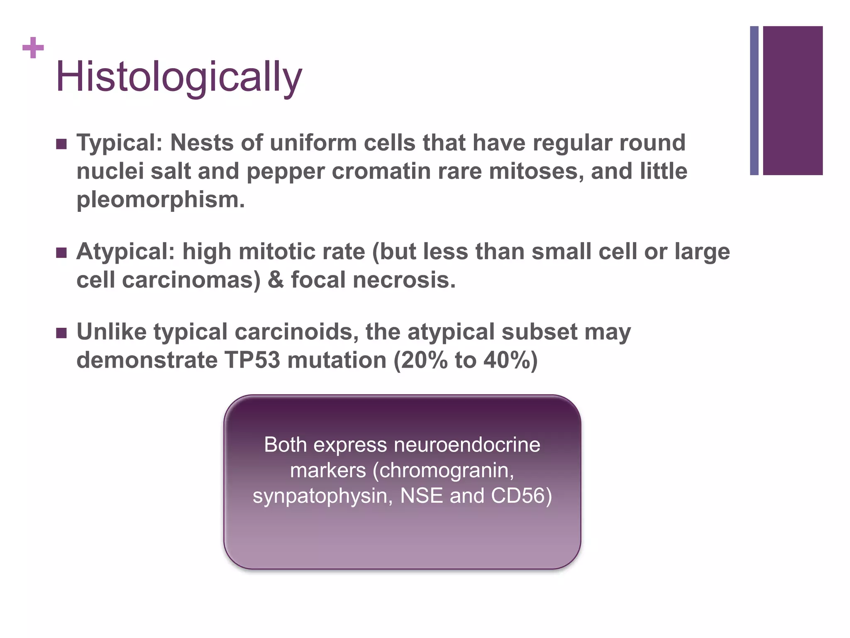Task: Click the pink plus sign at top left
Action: pos(33,48)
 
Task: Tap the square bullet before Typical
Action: pos(61,144)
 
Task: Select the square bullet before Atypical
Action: pos(61,253)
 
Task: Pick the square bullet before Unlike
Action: pos(61,333)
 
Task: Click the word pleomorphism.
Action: pos(160,200)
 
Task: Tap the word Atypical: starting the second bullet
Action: pos(125,252)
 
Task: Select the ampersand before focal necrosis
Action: pos(276,280)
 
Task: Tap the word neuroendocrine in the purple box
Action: pos(467,445)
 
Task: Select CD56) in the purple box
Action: pos(521,496)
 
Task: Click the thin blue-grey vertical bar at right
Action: pos(754,101)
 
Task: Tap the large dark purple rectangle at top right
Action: pos(793,101)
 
